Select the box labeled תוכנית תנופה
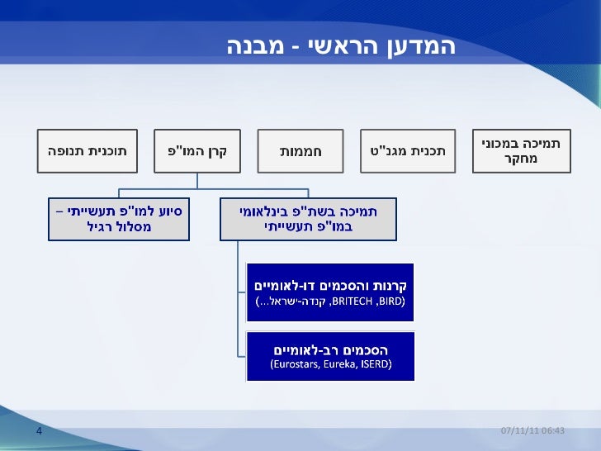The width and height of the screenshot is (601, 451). (x=86, y=151)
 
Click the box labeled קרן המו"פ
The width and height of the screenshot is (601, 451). (x=198, y=151)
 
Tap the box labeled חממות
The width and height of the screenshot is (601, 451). (x=300, y=151)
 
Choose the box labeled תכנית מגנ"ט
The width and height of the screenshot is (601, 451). (x=408, y=151)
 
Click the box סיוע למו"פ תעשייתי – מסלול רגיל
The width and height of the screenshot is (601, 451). (x=119, y=218)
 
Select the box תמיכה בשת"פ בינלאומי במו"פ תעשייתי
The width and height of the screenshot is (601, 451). (x=308, y=218)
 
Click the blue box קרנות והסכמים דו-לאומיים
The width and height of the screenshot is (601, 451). (x=330, y=292)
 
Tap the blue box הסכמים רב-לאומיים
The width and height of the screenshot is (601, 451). (x=330, y=355)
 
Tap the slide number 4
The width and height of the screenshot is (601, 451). (x=39, y=431)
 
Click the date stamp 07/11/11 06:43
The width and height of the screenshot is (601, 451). (x=533, y=431)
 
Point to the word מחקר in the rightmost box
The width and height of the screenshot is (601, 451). (x=521, y=158)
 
